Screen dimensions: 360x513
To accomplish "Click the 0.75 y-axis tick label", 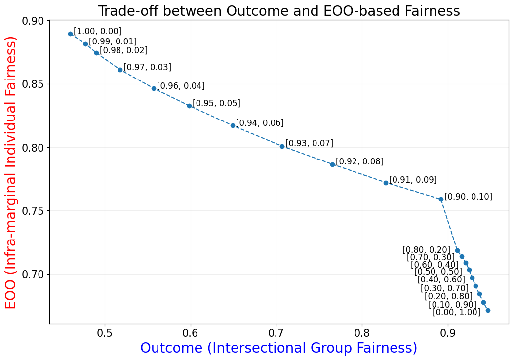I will tap(34, 211).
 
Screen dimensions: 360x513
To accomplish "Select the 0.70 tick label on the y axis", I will tap(34, 275).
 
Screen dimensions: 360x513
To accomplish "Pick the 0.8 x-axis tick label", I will tap(362, 333).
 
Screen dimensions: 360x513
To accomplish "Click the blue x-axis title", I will tap(278, 348).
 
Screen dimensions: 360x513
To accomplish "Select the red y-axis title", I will tap(11, 172).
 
